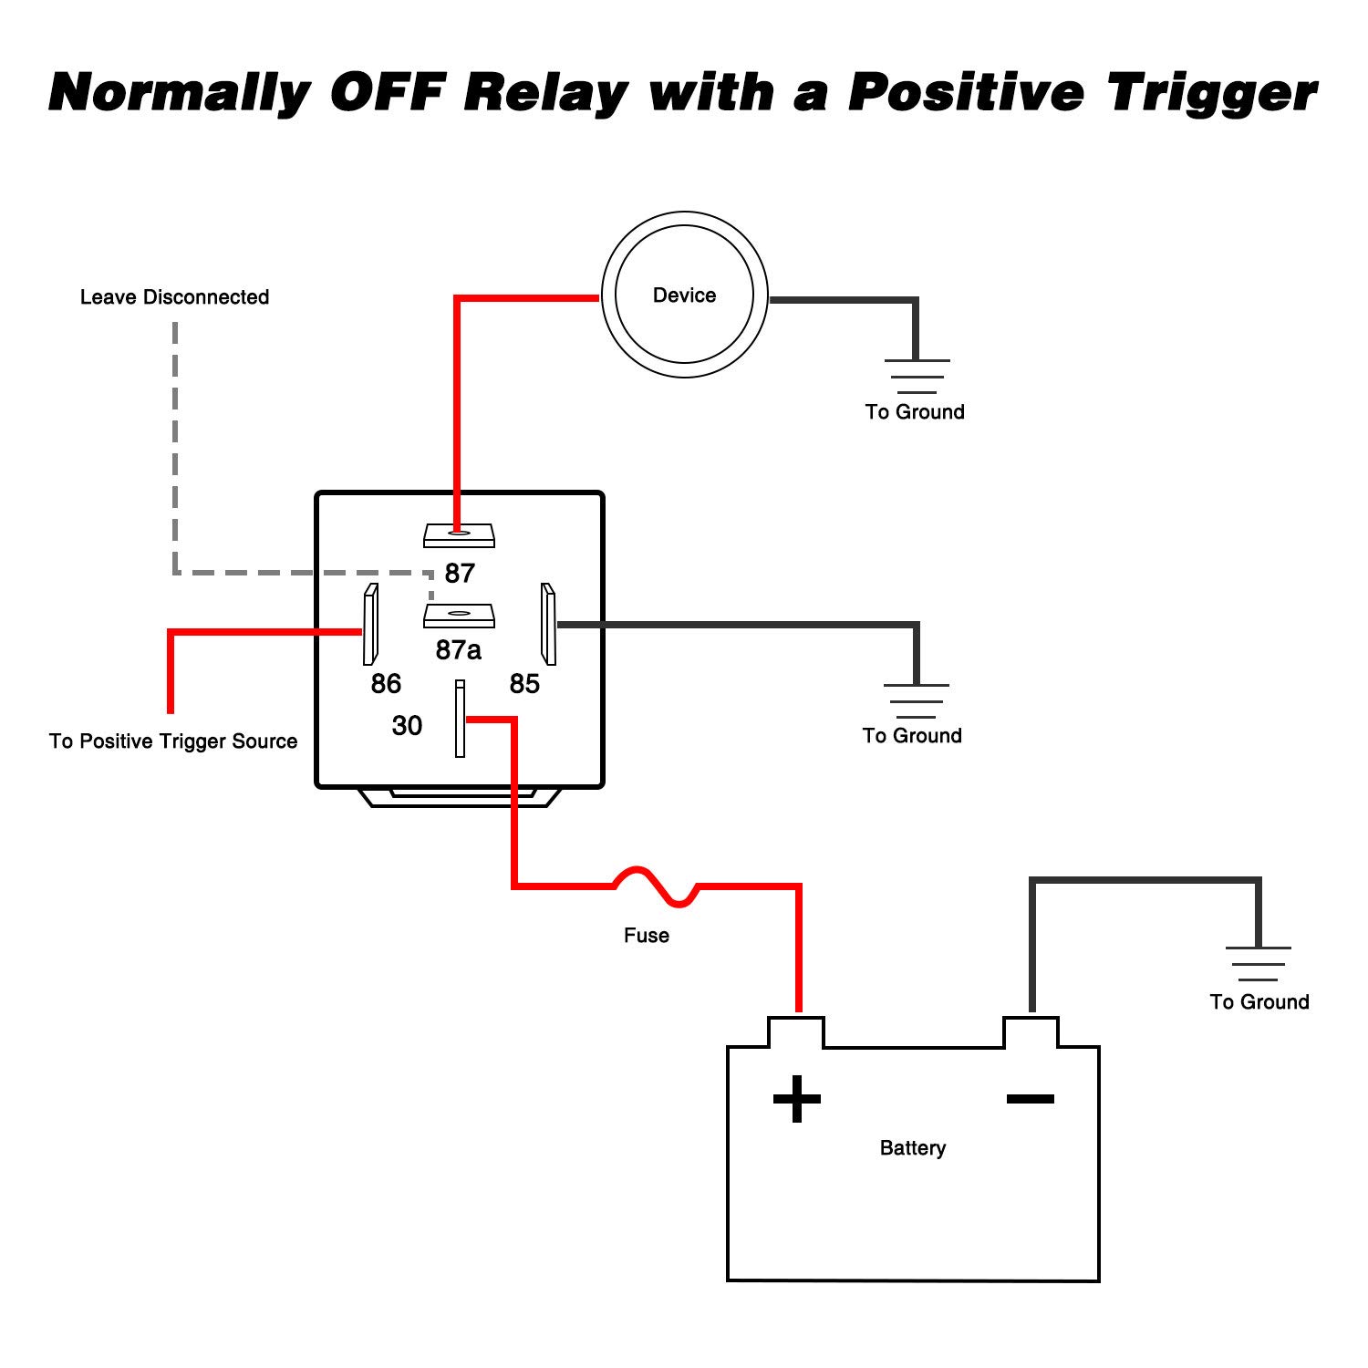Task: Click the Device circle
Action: (x=684, y=295)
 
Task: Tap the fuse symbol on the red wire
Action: (x=657, y=886)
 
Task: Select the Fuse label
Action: (x=646, y=936)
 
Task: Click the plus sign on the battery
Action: (x=796, y=1098)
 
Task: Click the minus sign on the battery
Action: (x=1030, y=1099)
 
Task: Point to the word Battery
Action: (x=912, y=1148)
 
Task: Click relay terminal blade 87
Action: (x=459, y=535)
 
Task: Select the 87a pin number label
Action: (x=458, y=650)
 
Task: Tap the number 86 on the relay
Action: (x=386, y=684)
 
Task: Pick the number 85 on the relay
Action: (x=524, y=684)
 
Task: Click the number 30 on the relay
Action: (x=407, y=726)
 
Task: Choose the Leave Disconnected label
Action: (x=174, y=297)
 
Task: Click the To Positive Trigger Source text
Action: (x=173, y=741)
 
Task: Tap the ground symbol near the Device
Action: (x=917, y=376)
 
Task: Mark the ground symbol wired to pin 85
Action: (x=916, y=700)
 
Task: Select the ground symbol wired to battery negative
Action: (x=1259, y=964)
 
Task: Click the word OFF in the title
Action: (x=388, y=93)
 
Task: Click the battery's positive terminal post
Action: (x=796, y=1032)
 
